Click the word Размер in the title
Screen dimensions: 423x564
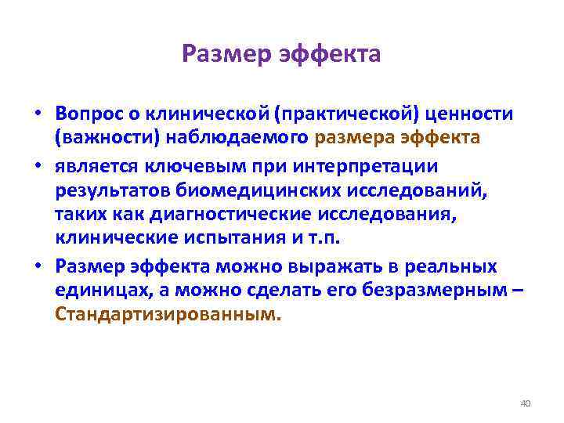pyautogui.click(x=222, y=54)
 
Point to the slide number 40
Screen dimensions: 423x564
pyautogui.click(x=525, y=403)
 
